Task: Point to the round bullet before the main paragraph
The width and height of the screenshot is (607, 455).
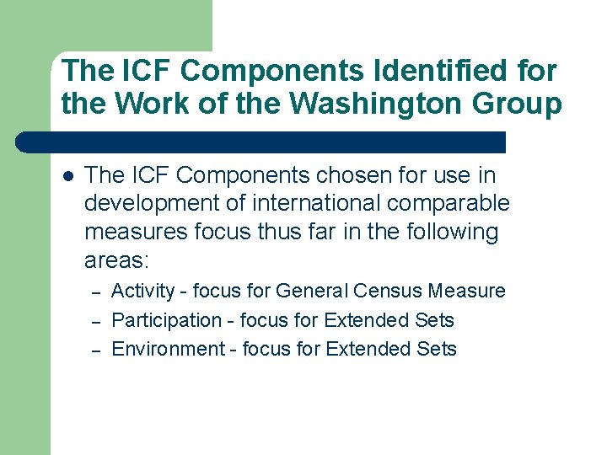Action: pos(68,177)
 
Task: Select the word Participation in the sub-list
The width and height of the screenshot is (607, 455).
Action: pos(166,320)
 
